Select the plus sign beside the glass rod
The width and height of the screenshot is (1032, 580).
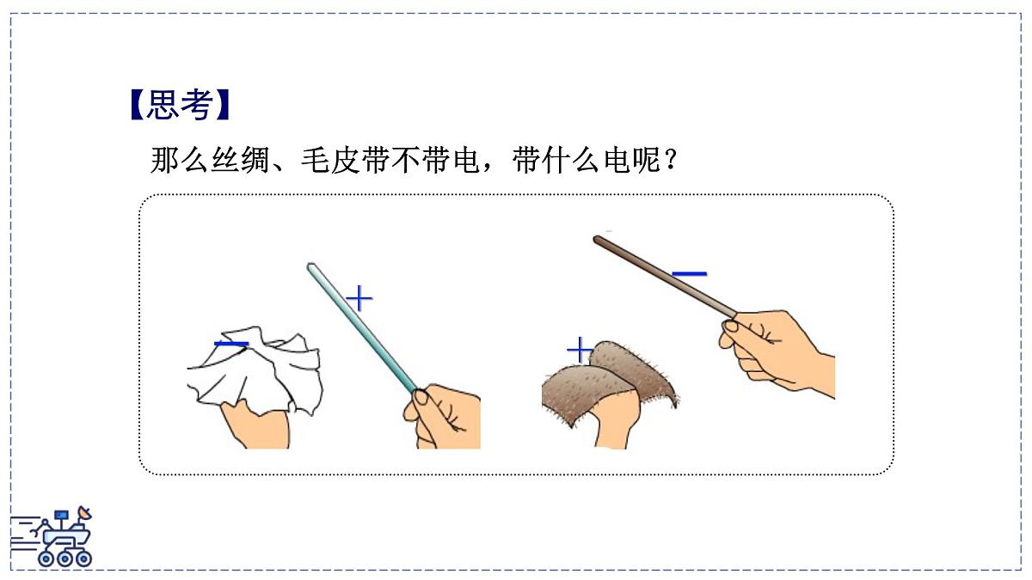click(359, 298)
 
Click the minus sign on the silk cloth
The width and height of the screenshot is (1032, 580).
click(231, 345)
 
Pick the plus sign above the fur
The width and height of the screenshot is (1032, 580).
click(580, 350)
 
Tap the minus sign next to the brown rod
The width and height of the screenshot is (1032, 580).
click(689, 274)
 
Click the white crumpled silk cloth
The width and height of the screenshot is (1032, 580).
click(258, 369)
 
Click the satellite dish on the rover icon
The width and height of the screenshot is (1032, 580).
click(83, 516)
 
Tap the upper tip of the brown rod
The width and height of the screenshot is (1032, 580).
click(598, 240)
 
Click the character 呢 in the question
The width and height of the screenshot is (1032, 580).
click(645, 161)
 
